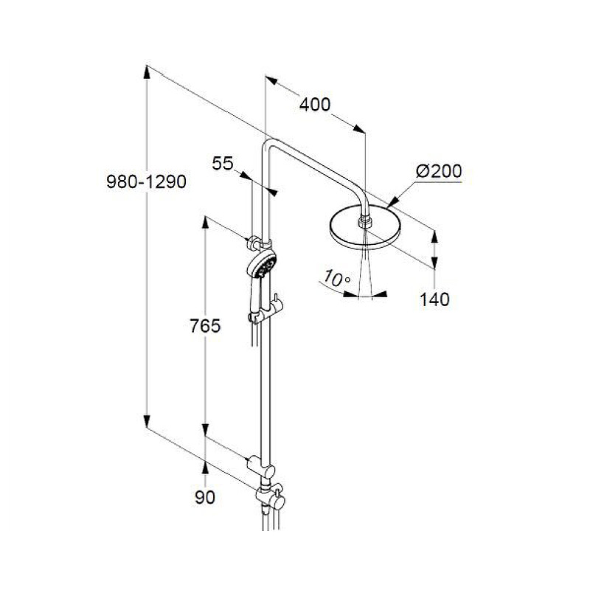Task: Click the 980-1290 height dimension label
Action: coord(146,181)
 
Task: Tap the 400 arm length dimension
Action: coord(315,105)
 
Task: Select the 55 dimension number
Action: coord(223,163)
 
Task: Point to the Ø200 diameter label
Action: coord(439,171)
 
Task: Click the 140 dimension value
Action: coord(434,299)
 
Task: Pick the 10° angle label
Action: coord(336,279)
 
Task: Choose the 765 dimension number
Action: coord(205,326)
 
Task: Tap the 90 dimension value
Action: coord(205,497)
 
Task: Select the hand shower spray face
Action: coord(265,264)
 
